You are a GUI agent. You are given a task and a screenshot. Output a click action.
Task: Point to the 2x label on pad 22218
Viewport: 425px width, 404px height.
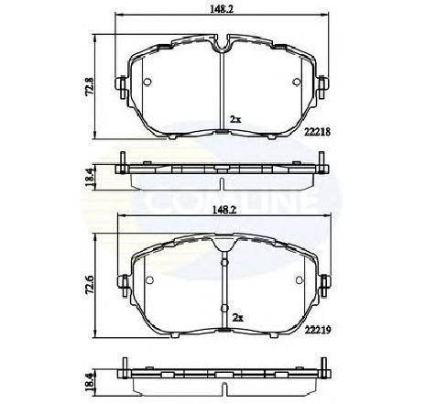235,119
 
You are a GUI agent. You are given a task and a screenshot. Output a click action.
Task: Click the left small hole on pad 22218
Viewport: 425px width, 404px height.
147,83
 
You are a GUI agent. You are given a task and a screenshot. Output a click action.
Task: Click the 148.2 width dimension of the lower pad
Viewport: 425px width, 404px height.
219,208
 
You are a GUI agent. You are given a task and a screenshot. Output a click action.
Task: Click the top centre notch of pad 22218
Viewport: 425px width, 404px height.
223,43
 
